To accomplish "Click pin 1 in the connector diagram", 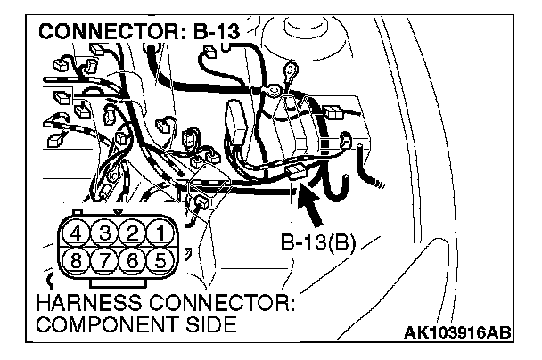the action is pos(160,234).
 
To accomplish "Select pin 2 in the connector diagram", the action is pos(133,234).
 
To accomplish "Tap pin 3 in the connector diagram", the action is pos(105,234).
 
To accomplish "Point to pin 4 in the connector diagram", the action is pos(78,234).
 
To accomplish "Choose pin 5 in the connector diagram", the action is pos(160,263).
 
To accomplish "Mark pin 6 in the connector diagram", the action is pos(133,263).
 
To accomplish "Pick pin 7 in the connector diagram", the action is pos(105,263).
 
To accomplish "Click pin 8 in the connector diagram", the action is pos(78,263).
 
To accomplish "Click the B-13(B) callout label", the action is pos(318,241).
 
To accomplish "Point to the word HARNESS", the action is pos(84,305).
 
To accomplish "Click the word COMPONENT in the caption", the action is pos(103,324).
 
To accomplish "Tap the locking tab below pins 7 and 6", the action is pos(119,282).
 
